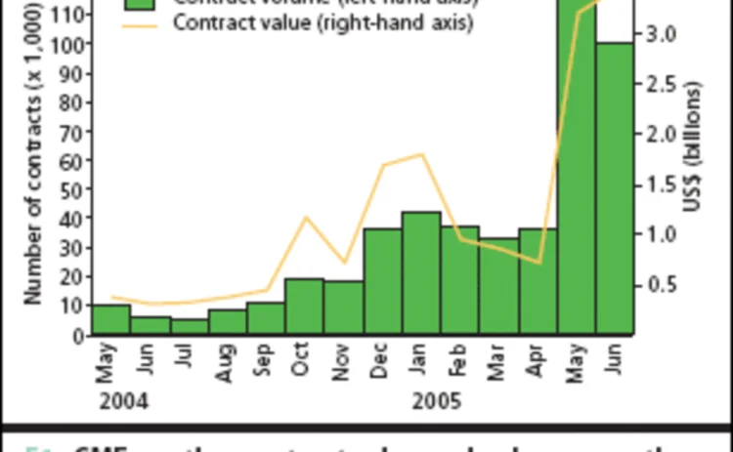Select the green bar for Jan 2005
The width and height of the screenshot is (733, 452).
tap(421, 273)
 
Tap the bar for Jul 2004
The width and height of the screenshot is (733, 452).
tap(189, 326)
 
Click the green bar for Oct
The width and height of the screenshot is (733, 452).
tap(304, 307)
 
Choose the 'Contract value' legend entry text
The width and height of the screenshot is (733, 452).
tap(323, 22)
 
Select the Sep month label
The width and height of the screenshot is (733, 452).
tap(266, 362)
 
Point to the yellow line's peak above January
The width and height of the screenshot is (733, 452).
tap(421, 154)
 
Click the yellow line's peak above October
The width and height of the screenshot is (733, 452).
tap(306, 217)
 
